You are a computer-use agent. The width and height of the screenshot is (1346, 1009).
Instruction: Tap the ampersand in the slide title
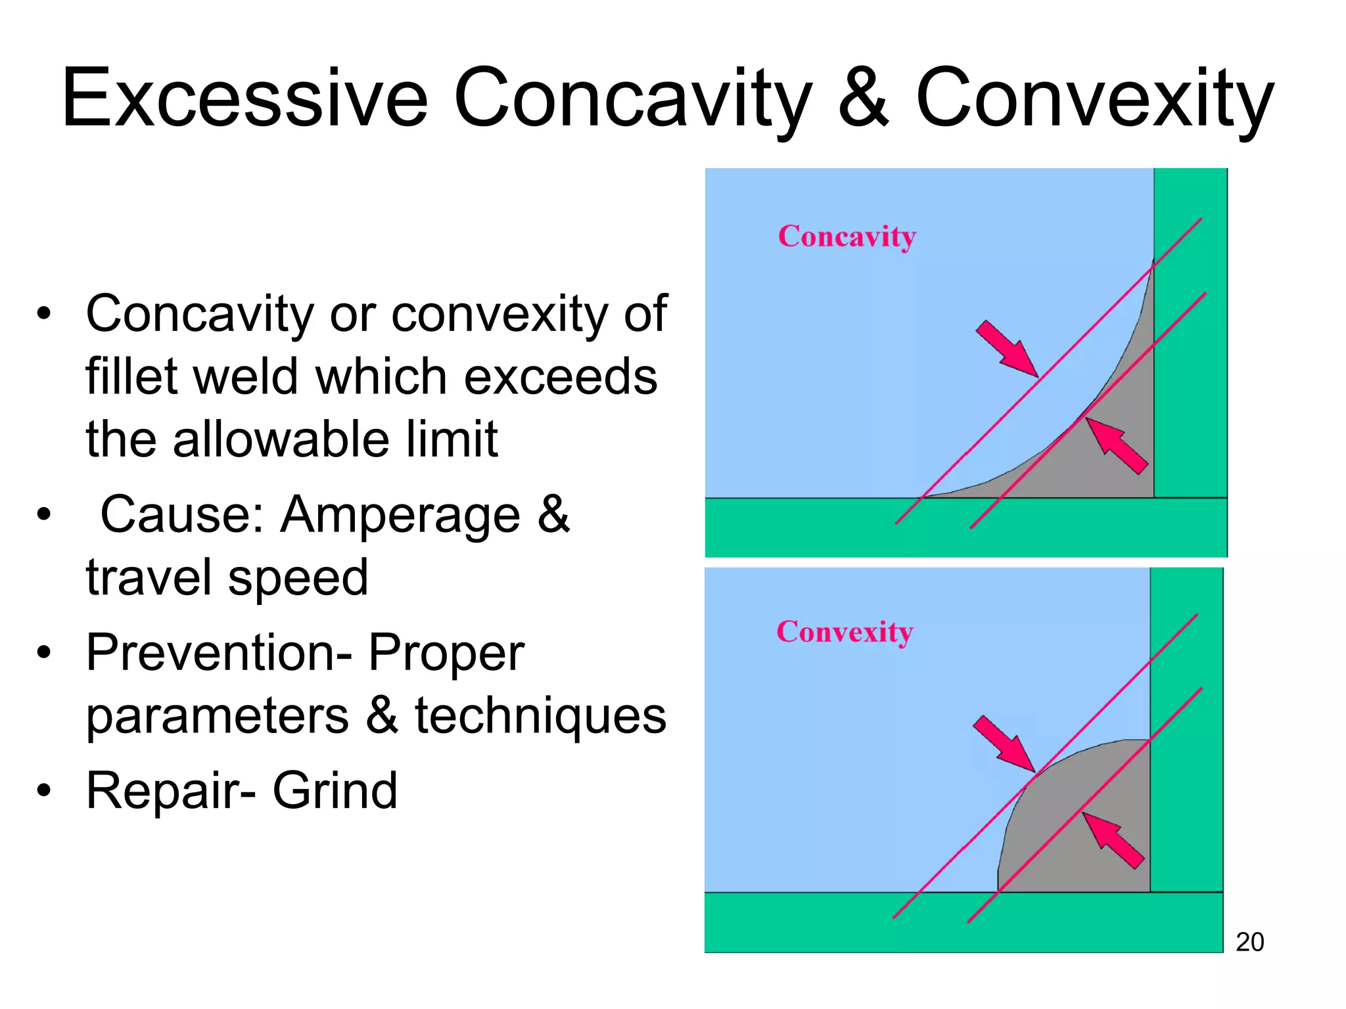864,99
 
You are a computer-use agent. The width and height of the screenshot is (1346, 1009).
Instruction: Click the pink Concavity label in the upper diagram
847,236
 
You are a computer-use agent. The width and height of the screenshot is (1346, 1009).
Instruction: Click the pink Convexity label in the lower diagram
845,632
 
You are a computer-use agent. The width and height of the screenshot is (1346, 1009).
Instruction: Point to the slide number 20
1249,942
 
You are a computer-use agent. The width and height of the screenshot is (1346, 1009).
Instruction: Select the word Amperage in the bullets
401,515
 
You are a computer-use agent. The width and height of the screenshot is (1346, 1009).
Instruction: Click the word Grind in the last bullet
335,790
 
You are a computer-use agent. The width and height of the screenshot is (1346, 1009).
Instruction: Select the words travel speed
227,577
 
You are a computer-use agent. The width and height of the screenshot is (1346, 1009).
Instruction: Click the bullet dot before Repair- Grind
43,790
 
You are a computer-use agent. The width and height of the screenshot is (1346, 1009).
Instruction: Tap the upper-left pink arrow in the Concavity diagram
1006,348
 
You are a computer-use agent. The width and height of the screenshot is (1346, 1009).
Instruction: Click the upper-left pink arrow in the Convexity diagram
1003,744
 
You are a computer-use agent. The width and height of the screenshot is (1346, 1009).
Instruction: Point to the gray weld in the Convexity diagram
1078,828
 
